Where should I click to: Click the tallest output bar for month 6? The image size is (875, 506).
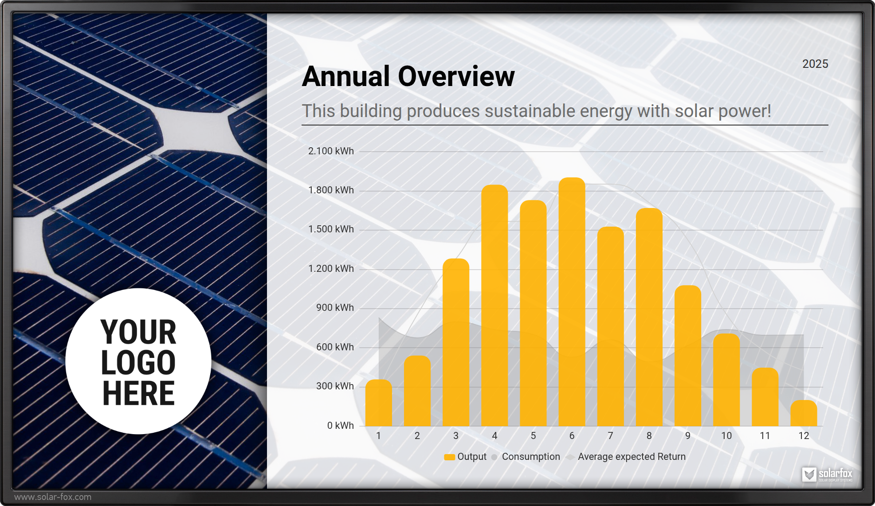(572, 302)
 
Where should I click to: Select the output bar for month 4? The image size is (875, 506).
(494, 306)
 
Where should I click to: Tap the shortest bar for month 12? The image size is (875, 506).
(804, 413)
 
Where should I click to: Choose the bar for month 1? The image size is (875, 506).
(378, 403)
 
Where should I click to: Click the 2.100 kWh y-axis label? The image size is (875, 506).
(331, 151)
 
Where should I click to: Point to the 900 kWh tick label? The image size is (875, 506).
(335, 308)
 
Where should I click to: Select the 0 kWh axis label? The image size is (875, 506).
(340, 426)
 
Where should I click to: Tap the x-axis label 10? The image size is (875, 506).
(726, 436)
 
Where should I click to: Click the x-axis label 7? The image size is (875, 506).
(610, 436)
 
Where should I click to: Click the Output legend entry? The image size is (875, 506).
(466, 457)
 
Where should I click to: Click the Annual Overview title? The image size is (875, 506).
(408, 76)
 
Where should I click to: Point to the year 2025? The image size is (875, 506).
(815, 64)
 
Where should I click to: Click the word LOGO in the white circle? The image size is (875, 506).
(138, 362)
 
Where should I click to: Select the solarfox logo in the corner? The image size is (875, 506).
(827, 475)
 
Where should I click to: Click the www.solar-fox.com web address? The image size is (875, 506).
(53, 497)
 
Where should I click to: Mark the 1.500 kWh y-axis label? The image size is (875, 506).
(331, 229)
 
